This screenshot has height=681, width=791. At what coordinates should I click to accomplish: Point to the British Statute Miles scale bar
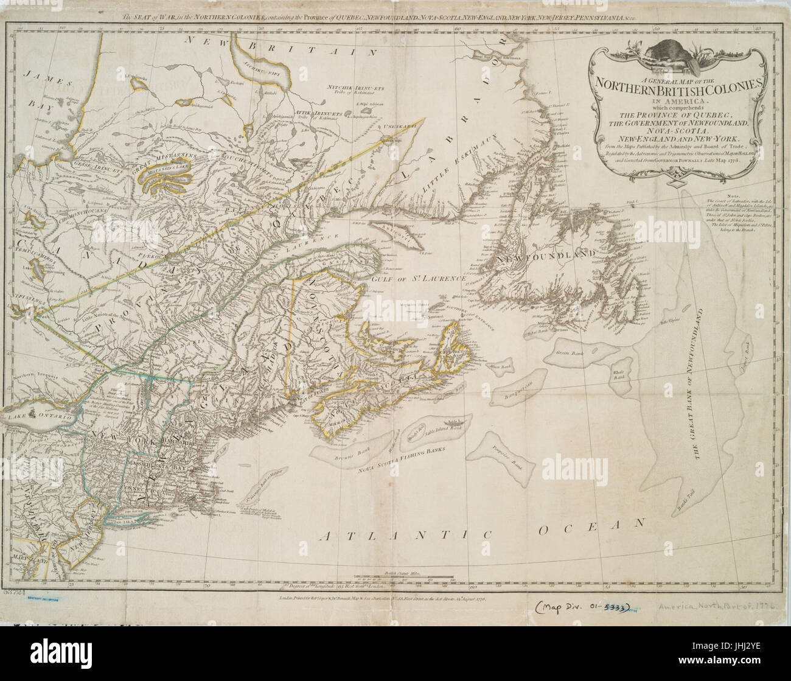click(x=395, y=577)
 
